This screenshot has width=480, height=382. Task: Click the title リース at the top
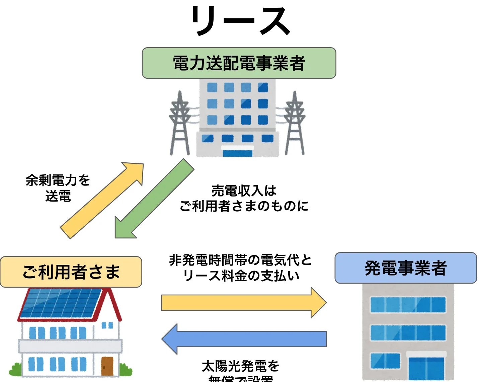(240, 21)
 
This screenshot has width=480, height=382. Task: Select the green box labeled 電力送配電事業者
(239, 63)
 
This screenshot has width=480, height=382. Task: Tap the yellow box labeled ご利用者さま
(71, 272)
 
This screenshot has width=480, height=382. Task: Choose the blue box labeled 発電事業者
(406, 268)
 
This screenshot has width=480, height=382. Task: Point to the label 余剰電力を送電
(58, 188)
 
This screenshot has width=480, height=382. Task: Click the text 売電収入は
(244, 191)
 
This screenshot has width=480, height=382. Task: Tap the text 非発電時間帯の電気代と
(240, 260)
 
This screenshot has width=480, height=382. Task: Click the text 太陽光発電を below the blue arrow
(240, 366)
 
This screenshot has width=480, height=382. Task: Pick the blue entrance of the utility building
(238, 153)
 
